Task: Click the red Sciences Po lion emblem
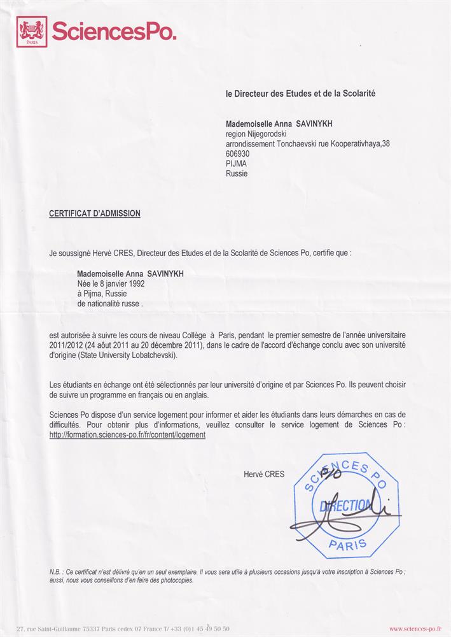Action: pos(32,31)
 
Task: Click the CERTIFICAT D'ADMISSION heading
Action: pos(95,213)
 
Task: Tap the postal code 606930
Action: pos(238,154)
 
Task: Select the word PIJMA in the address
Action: pos(236,163)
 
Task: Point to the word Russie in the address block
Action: pos(237,173)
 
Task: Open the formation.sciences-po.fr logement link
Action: pos(127,434)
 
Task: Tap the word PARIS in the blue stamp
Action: pos(347,543)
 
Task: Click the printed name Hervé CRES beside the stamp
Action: pos(264,474)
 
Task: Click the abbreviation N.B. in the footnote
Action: pos(55,571)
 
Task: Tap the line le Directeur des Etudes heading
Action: pos(300,94)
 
